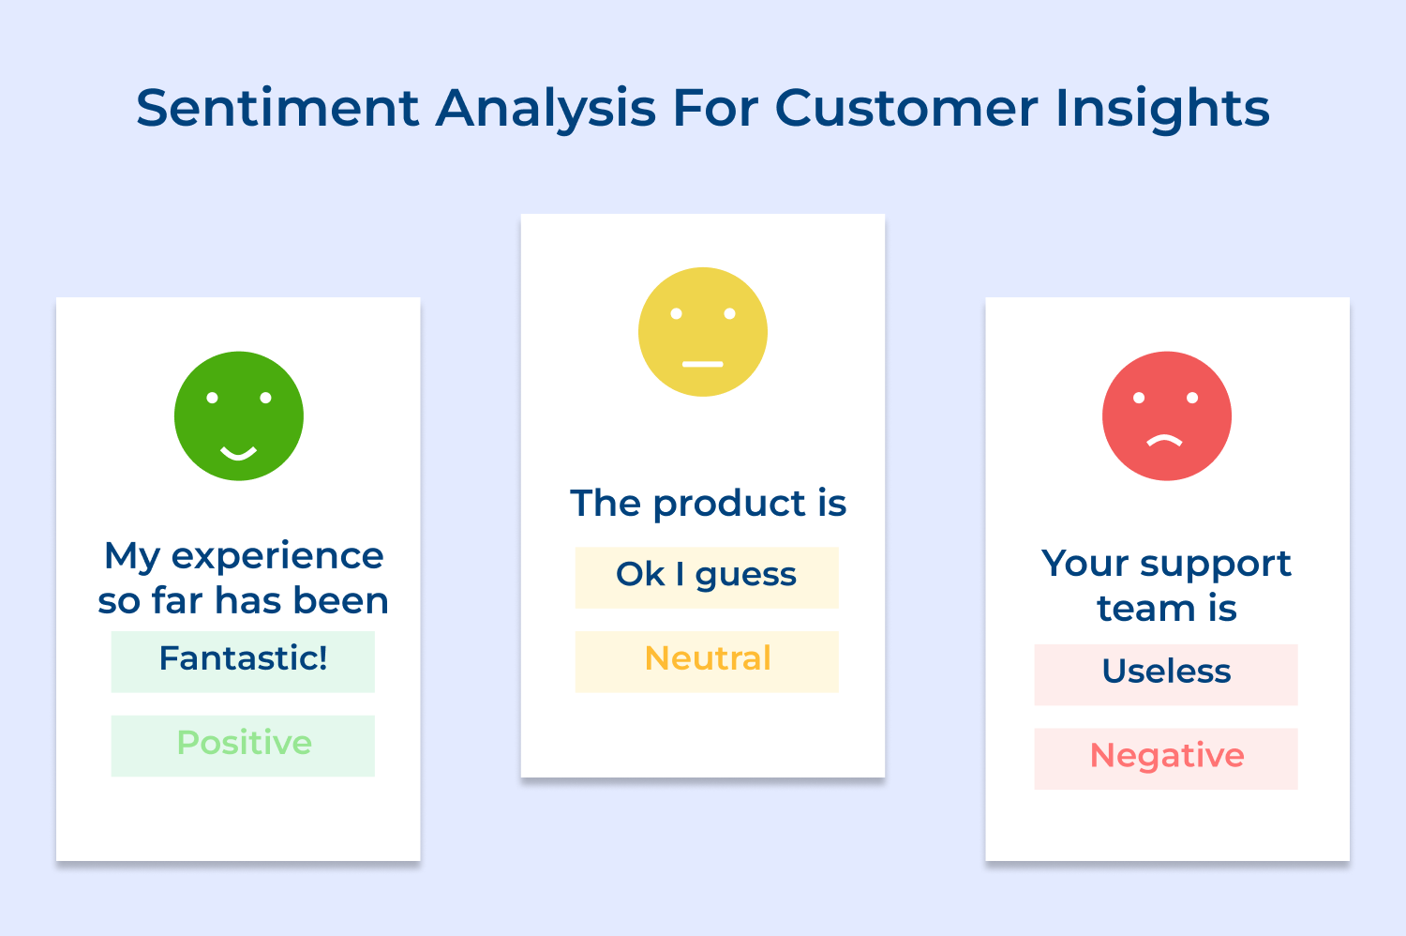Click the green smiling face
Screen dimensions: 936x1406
239,415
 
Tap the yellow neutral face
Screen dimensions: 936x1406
703,332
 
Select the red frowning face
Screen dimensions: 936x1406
1167,415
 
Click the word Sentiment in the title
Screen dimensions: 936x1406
277,108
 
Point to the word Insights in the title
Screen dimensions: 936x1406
1162,108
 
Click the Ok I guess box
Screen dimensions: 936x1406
707,576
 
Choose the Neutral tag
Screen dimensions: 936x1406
707,660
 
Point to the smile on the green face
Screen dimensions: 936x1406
238,454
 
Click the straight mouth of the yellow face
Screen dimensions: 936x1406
703,364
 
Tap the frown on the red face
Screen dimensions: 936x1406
1165,441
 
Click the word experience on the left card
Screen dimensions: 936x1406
277,556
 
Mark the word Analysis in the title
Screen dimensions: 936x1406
546,108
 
